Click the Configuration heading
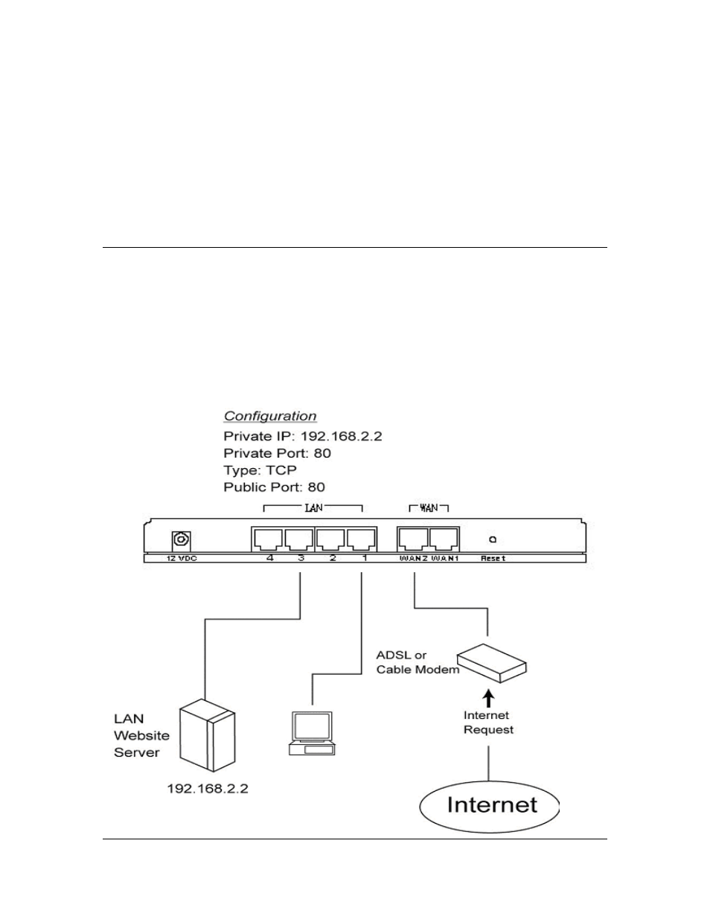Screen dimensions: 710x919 [x=270, y=416]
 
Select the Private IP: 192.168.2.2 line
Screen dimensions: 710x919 [x=303, y=436]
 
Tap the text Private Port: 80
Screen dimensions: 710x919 [x=277, y=453]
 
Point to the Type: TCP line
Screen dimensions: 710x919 [x=260, y=470]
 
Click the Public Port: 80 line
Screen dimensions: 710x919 [x=274, y=487]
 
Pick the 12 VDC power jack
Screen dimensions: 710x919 [x=182, y=540]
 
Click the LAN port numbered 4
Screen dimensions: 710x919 [x=268, y=539]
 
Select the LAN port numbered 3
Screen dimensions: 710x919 [x=299, y=539]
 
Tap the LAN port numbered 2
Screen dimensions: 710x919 [x=330, y=539]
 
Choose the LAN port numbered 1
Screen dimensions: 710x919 [x=362, y=539]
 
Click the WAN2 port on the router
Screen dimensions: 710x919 [x=413, y=539]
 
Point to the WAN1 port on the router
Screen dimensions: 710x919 [x=444, y=539]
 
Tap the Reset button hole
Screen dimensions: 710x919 [x=492, y=539]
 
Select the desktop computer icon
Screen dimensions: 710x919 [x=312, y=734]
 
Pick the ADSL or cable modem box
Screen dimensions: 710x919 [x=492, y=663]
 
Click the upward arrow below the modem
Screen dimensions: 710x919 [x=489, y=699]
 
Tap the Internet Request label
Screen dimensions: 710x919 [x=488, y=723]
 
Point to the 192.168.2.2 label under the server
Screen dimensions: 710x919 [x=208, y=788]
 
